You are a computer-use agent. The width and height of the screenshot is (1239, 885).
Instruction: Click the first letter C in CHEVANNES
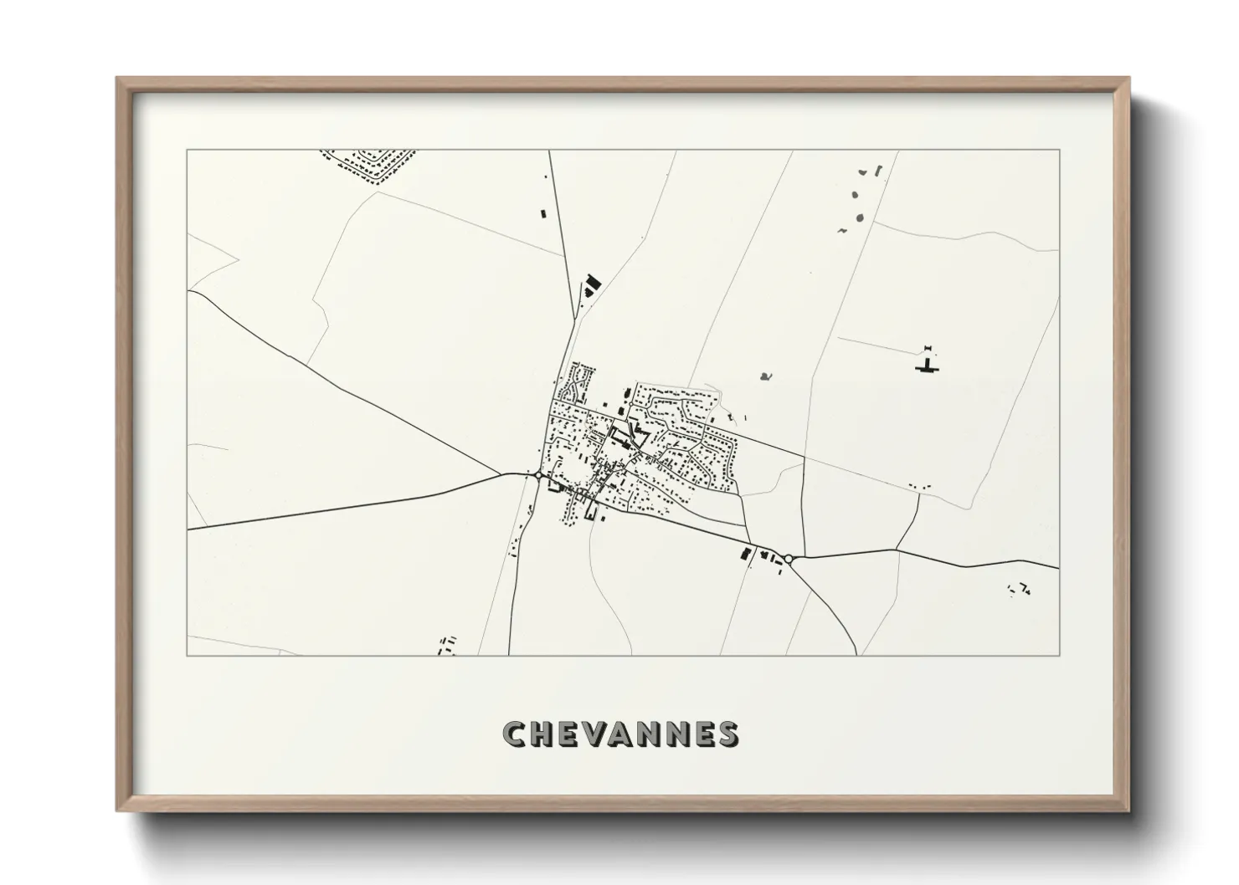[x=513, y=734]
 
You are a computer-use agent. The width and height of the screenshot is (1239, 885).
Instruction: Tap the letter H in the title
[x=542, y=734]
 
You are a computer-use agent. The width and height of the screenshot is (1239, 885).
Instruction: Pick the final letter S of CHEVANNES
[x=727, y=734]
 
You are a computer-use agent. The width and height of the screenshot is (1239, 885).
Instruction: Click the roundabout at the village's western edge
[x=537, y=476]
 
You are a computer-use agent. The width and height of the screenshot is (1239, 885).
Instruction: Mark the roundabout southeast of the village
[x=788, y=558]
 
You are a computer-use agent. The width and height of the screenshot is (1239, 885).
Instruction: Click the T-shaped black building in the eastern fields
[x=927, y=366]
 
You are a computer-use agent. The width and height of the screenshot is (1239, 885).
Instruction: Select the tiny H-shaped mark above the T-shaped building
[x=927, y=347]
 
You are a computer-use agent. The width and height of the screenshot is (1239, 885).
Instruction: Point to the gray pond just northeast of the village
[x=765, y=376]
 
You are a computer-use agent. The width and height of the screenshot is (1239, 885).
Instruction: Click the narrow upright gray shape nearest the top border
[x=878, y=170]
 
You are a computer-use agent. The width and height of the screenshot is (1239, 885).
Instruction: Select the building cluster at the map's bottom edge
[x=447, y=645]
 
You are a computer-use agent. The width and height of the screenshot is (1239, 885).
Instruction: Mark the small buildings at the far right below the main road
[x=1020, y=590]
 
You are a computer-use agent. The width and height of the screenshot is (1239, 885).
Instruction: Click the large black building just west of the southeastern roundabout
[x=745, y=553]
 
